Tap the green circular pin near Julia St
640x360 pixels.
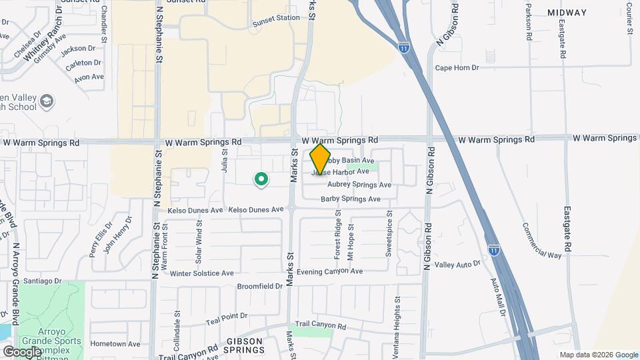tap(261, 179)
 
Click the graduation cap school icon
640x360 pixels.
tap(47, 101)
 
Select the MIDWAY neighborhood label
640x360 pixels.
tap(567, 13)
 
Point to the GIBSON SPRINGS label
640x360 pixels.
tap(243, 345)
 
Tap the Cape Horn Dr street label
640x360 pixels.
tap(457, 68)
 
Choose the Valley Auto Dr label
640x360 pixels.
tap(457, 265)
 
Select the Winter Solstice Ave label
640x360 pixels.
tap(202, 273)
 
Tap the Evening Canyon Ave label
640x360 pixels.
tap(329, 271)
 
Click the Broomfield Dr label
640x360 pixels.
tap(260, 286)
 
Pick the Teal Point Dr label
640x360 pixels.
tap(227, 316)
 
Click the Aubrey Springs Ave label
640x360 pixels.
tap(359, 185)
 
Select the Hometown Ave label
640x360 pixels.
tap(115, 344)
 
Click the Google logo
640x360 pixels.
tap(22, 351)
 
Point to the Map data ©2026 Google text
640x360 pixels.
tap(599, 355)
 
